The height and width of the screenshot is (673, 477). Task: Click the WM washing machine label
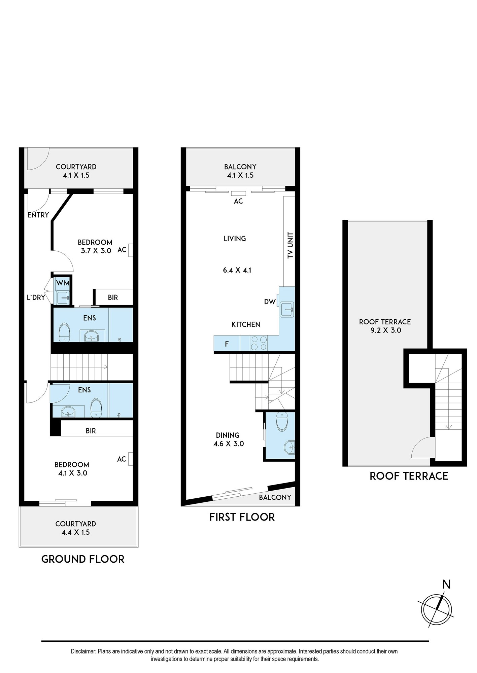[63, 283]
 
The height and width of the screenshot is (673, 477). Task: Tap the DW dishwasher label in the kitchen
[270, 302]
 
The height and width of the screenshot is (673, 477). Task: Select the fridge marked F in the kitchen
[227, 344]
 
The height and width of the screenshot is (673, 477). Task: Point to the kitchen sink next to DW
[287, 309]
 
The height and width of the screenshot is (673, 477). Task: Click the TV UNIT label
[291, 245]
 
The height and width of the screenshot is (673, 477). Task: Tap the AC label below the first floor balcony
[238, 201]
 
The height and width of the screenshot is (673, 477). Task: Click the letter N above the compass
[446, 585]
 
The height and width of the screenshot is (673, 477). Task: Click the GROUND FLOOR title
[83, 560]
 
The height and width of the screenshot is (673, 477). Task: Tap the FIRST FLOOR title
[242, 517]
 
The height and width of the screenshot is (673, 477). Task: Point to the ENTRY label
[38, 215]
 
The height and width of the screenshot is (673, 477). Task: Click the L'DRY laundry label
[36, 297]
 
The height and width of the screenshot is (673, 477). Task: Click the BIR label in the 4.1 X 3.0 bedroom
[91, 431]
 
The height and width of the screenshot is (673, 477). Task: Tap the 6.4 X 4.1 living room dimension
[237, 270]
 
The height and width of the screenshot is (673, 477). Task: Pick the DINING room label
[228, 435]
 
